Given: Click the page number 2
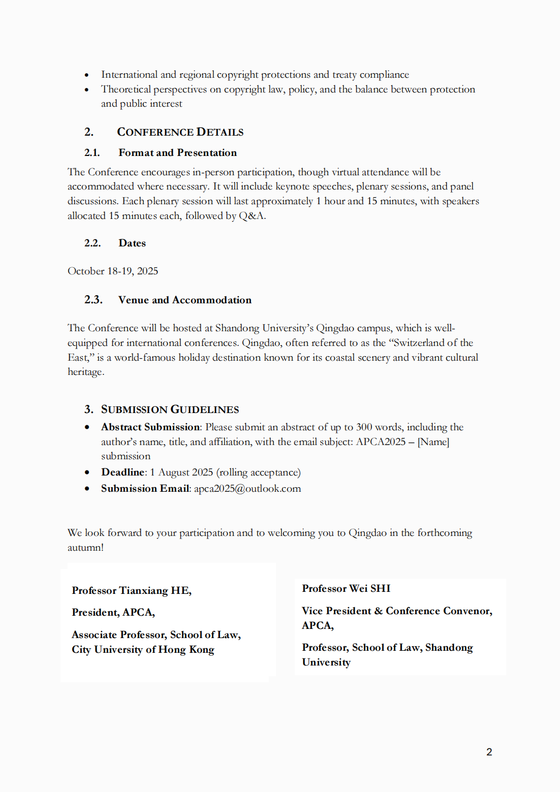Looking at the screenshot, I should coord(489,752).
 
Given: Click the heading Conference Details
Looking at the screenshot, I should coord(180,132).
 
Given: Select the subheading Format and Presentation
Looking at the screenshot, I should coord(177,153).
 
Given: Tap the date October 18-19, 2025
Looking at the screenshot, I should coord(113,271).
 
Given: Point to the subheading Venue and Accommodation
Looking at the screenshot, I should coord(184,300).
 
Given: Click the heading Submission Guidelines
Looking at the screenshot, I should coord(170,409).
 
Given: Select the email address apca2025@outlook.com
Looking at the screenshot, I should coord(247,489).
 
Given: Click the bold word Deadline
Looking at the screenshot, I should coord(123,472).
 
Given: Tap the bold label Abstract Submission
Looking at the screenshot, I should coord(150,427).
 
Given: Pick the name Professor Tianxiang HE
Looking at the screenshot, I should coord(131,590).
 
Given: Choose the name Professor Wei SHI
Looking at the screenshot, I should coord(346,588).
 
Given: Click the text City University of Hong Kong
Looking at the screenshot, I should coord(143,650).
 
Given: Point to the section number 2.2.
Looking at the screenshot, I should coord(92,243).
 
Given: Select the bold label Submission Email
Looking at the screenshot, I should coord(145,489).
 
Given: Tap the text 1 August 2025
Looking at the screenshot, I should coord(181,472).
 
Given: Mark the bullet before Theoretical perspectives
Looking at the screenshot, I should coord(87,90).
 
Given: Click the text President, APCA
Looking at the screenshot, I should coord(113,613).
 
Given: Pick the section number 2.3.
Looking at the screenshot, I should coord(93,300).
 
